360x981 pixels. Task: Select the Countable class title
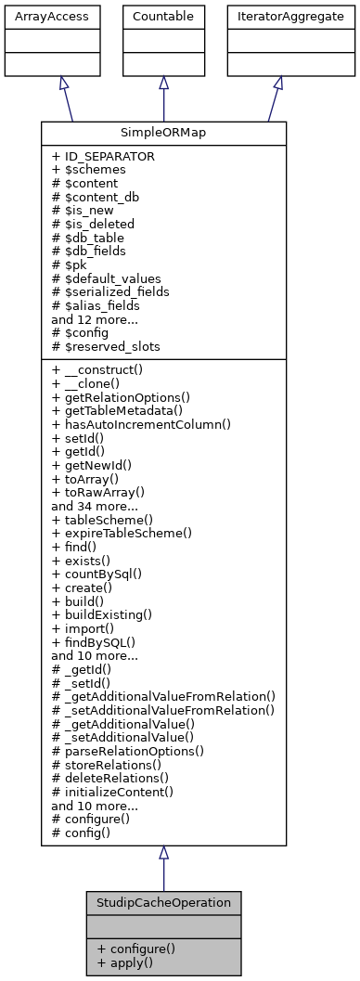click(x=163, y=16)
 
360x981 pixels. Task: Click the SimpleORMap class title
click(x=163, y=134)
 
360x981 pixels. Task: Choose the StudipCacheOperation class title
click(x=163, y=902)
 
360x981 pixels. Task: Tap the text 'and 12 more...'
click(x=96, y=318)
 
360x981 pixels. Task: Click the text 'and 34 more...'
click(x=96, y=506)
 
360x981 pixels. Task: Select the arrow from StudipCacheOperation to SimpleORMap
click(x=163, y=872)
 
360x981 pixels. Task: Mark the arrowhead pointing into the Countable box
click(x=163, y=82)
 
